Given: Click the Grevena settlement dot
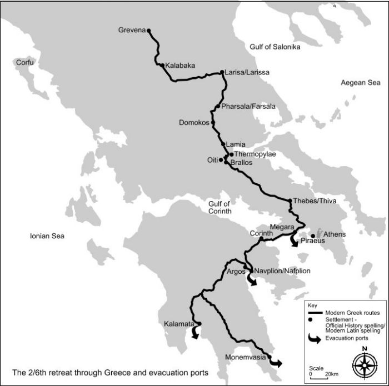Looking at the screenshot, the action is click(149, 31).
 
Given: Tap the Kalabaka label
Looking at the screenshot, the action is click(180, 66).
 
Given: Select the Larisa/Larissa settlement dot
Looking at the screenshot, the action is click(222, 72).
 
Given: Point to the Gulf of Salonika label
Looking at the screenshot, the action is click(275, 47).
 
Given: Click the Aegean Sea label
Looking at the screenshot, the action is click(361, 83).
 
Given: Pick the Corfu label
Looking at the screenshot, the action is click(24, 63).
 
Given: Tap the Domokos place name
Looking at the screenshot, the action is click(193, 122).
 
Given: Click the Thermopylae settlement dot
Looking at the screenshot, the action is click(231, 154).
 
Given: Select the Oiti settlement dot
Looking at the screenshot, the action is click(221, 160).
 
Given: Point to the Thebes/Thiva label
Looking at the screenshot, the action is click(315, 201).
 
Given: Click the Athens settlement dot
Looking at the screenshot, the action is click(313, 235).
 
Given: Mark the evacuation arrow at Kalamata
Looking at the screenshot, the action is click(195, 332).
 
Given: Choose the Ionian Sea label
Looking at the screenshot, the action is click(47, 237).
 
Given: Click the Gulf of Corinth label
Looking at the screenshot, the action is click(219, 207).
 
